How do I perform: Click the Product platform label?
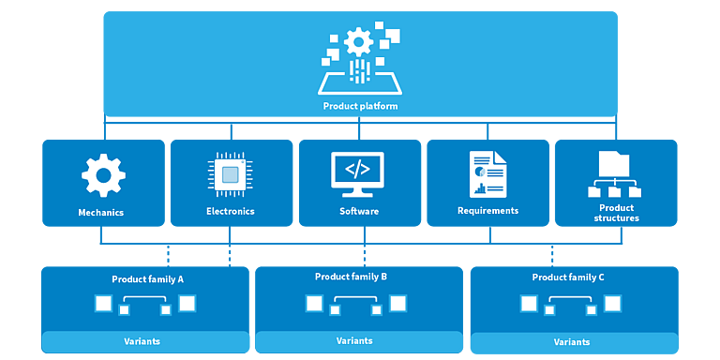pos(360,106)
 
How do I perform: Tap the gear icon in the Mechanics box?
pos(103,175)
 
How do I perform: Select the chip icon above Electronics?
pos(231,175)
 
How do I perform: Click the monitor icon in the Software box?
pos(357,174)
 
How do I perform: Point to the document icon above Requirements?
pos(487,174)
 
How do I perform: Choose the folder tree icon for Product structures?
pos(614,174)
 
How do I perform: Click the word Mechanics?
pos(101,213)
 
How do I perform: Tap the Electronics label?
pos(230,212)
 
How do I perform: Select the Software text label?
pos(359,212)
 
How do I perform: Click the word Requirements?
pos(488,211)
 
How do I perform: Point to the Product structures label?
pos(617,213)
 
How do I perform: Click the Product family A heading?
pos(148,279)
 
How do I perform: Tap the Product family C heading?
pos(568,277)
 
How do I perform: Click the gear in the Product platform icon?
pos(359,42)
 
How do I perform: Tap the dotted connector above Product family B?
pos(365,255)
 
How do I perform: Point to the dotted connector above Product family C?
pos(552,255)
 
